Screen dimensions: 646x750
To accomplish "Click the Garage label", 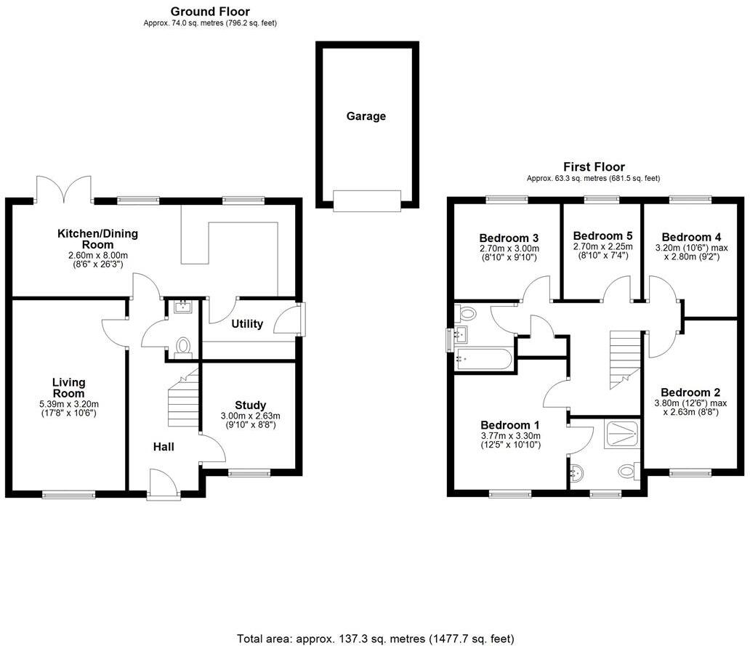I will point(366,116).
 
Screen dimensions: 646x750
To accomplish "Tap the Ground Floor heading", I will point(210,12).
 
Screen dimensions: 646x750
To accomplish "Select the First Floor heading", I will point(593,167).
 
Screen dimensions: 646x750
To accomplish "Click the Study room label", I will point(250,405).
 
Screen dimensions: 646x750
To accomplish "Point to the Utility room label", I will point(247,324).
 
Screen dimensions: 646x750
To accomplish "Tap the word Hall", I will point(164,447).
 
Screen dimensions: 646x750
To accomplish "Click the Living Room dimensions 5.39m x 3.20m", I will point(69,405).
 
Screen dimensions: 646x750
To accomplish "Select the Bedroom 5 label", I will point(602,236).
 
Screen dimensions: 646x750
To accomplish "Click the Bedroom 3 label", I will point(509,238).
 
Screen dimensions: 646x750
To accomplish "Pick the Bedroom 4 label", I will point(691,237).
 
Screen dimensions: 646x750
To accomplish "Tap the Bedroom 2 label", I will point(690,392).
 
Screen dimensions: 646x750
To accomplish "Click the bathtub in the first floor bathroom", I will point(483,358).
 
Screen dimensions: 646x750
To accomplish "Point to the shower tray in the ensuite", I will point(623,435).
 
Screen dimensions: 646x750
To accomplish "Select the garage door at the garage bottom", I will point(366,201).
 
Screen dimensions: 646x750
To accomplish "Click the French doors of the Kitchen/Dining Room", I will point(65,190).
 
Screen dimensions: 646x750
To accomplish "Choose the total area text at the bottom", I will point(375,639).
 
